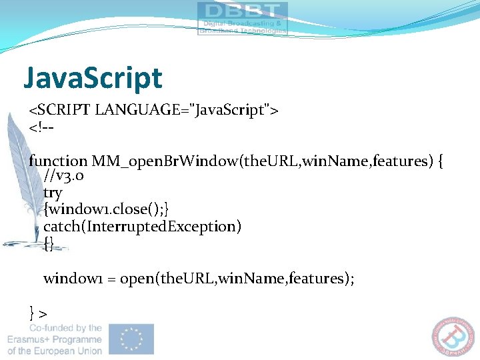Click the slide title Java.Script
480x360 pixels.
[93, 78]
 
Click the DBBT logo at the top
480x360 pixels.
[242, 17]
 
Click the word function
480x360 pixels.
[58, 161]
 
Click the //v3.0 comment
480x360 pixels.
[63, 177]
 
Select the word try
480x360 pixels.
[53, 193]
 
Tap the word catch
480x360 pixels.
[61, 227]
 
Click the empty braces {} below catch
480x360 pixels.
[48, 243]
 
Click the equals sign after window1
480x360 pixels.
[111, 279]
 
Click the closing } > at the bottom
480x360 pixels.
[38, 311]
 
